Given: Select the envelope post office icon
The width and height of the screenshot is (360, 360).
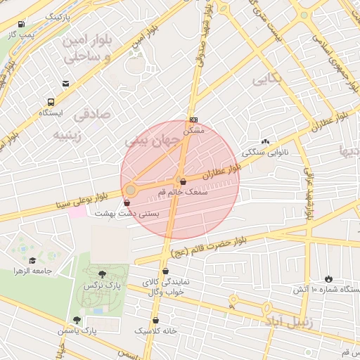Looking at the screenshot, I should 65,84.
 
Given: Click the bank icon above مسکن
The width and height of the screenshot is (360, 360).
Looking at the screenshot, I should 193,119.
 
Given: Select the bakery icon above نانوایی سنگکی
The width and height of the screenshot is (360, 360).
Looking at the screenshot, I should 265,141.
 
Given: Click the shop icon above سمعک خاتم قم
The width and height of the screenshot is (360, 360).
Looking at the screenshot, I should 183,181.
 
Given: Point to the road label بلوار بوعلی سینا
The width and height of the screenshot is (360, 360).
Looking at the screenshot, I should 81,200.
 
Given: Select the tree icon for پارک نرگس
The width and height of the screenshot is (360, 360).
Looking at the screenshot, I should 103,274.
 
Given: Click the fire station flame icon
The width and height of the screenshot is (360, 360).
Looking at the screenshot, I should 328,278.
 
